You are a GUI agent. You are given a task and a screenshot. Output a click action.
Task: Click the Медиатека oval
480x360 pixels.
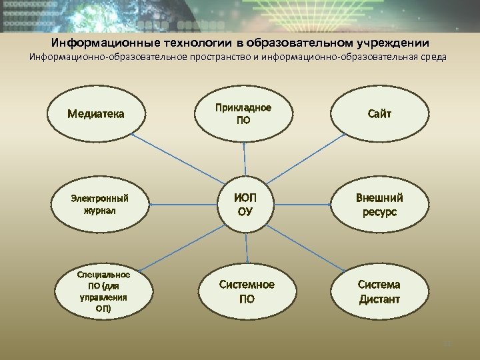tap(96, 113)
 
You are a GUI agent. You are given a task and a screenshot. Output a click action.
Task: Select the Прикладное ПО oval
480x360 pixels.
tap(243, 113)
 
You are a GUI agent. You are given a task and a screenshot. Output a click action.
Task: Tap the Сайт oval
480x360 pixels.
tap(379, 113)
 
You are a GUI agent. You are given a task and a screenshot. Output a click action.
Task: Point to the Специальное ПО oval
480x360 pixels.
tap(103, 291)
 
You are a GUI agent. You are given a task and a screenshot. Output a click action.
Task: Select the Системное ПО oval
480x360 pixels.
tap(247, 291)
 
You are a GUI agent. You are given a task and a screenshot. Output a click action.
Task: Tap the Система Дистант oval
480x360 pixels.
tap(379, 291)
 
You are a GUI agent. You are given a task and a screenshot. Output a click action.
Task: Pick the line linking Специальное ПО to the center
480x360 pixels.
tap(180, 247)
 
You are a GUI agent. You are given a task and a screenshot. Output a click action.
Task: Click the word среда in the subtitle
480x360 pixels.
tap(435, 57)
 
